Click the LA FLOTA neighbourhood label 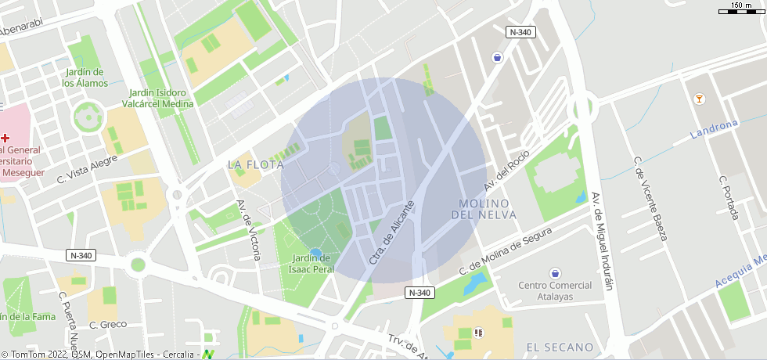tap(256, 164)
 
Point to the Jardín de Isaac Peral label tap(311, 264)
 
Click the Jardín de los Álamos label tap(85, 77)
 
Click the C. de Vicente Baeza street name tap(650, 199)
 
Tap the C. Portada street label tap(729, 196)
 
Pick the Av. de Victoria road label tap(248, 229)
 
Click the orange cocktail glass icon tap(699, 99)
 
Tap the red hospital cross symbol tap(5, 138)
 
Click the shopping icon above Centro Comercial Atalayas tap(556, 273)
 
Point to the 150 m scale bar tap(742, 9)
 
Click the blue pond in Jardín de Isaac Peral tap(316, 252)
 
